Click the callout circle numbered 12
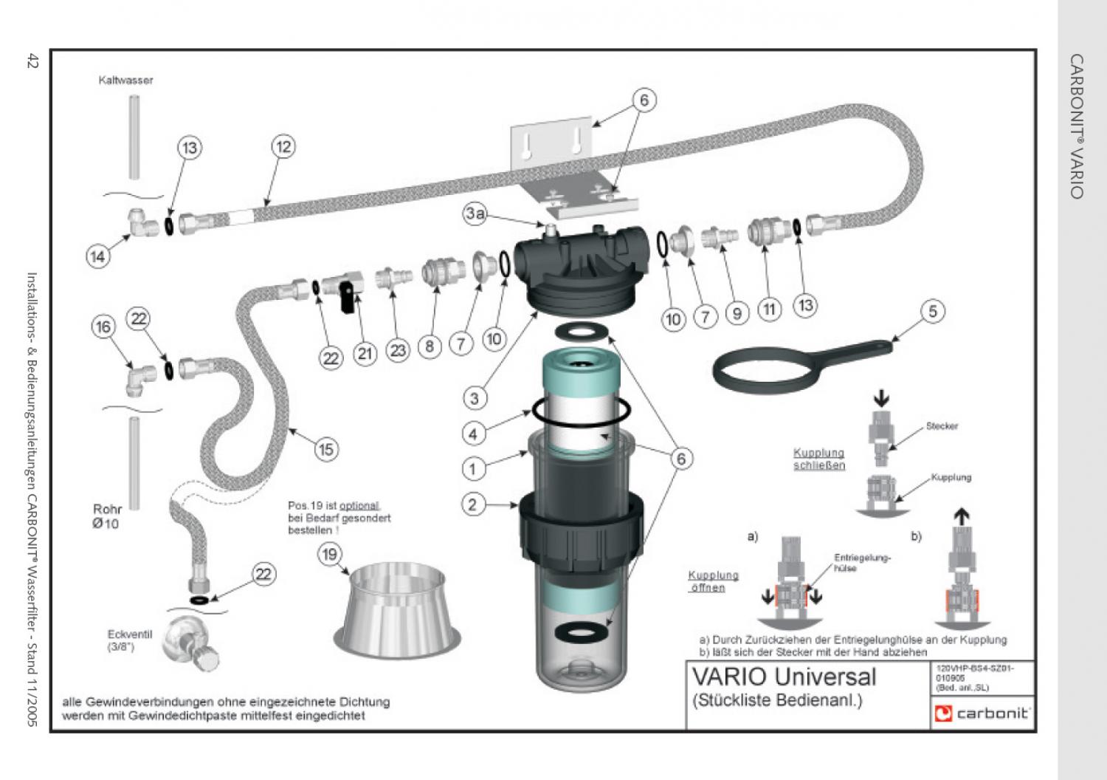[x=283, y=147]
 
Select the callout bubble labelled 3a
[x=475, y=214]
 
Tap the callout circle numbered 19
[x=329, y=554]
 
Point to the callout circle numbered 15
[x=325, y=448]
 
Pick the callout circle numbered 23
[x=399, y=350]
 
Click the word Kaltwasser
[x=125, y=80]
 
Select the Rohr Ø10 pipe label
[x=106, y=516]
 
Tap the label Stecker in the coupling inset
[x=942, y=426]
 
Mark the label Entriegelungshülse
[x=861, y=563]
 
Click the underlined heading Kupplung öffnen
[x=712, y=581]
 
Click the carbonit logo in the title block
[x=982, y=713]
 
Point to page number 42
[x=32, y=62]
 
